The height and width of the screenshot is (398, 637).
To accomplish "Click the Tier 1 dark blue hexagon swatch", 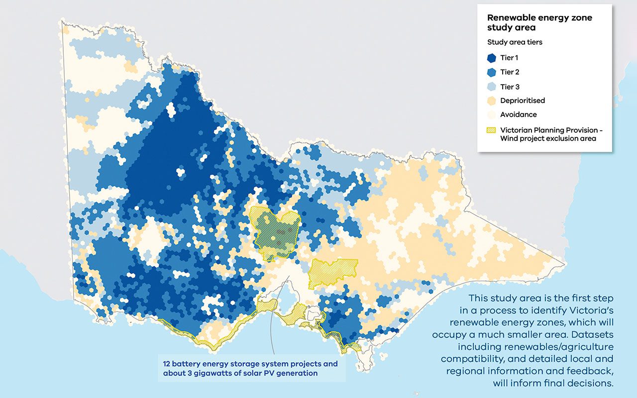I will [492, 58].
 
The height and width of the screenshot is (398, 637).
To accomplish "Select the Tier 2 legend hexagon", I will [492, 72].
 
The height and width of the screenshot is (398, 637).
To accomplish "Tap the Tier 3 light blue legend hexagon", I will [492, 87].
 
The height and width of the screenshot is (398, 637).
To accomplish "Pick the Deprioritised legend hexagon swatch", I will [492, 100].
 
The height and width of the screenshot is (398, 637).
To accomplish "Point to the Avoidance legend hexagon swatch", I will [492, 114].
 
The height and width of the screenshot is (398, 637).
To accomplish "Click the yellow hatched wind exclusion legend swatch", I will [492, 130].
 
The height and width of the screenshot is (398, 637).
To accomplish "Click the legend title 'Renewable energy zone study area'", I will [539, 23].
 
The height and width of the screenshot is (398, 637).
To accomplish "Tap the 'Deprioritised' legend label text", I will [523, 100].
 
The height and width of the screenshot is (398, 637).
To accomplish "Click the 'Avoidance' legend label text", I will [519, 114].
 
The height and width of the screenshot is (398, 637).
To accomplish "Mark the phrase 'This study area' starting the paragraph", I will [503, 298].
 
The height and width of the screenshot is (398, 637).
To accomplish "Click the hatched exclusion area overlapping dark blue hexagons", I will [276, 231].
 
